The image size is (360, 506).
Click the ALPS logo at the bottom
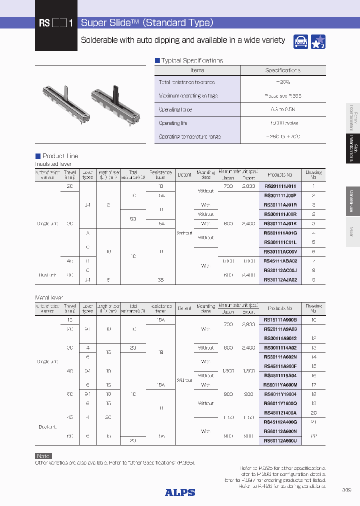click(180, 492)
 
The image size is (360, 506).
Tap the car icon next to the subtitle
click(300, 41)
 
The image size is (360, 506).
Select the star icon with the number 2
click(318, 41)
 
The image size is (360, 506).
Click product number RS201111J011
click(279, 186)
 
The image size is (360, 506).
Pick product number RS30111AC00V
click(280, 251)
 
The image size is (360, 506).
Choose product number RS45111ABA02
click(280, 260)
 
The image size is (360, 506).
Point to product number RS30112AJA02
click(280, 279)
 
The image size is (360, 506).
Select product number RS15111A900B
click(280, 319)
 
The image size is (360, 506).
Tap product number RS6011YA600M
click(280, 384)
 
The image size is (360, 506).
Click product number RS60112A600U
click(280, 440)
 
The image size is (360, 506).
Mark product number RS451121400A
click(280, 412)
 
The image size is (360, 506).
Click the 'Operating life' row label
click(172, 123)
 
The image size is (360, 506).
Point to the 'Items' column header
click(197, 70)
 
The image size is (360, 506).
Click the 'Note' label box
click(43, 455)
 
